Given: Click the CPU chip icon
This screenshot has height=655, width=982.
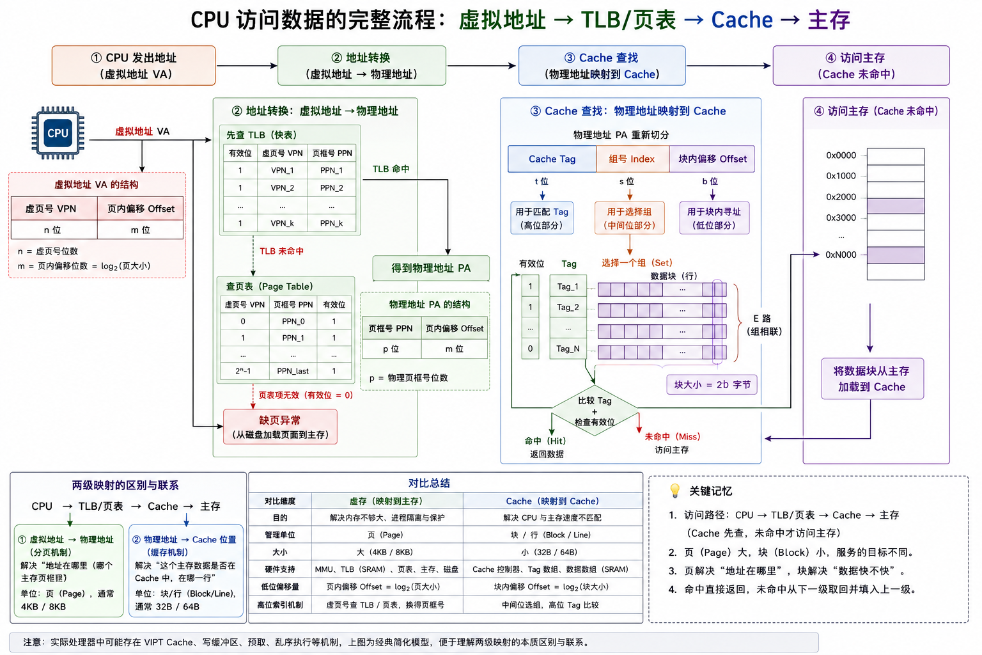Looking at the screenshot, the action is pyautogui.click(x=58, y=132).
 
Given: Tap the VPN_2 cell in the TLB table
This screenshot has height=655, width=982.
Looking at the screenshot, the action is pyautogui.click(x=283, y=188).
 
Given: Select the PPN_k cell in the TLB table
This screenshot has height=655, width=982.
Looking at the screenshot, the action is pyautogui.click(x=331, y=223).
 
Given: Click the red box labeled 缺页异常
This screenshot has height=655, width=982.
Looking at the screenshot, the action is pyautogui.click(x=280, y=427).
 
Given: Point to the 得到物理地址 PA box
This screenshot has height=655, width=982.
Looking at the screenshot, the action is pyautogui.click(x=431, y=268).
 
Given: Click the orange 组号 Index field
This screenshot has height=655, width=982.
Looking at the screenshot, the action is pyautogui.click(x=632, y=159).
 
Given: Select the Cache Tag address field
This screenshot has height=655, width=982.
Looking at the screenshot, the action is pyautogui.click(x=552, y=159).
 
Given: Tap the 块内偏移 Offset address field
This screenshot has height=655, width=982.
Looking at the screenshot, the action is pyautogui.click(x=712, y=159).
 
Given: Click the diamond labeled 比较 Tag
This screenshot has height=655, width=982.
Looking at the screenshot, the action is pyautogui.click(x=595, y=411).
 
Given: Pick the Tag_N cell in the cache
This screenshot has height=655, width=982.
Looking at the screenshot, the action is pyautogui.click(x=568, y=349).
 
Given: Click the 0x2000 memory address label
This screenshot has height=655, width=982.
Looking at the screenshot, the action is pyautogui.click(x=841, y=197).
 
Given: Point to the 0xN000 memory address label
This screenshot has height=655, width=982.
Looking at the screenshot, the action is pyautogui.click(x=841, y=255).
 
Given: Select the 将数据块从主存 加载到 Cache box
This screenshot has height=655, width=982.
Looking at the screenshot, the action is pyautogui.click(x=872, y=379).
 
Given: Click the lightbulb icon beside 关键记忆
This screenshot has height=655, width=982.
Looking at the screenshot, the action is pyautogui.click(x=675, y=491).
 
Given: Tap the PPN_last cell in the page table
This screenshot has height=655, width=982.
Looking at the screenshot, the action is pyautogui.click(x=293, y=371).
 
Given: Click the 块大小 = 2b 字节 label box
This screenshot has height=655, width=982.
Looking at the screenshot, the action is pyautogui.click(x=712, y=385).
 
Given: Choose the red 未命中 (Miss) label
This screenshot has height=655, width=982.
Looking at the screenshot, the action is pyautogui.click(x=673, y=436).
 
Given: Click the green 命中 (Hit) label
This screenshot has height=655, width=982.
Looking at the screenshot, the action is pyautogui.click(x=545, y=441).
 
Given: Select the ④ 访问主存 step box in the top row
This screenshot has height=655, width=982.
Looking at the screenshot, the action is pyautogui.click(x=861, y=66).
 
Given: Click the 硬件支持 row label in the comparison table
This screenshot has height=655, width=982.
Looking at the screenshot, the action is pyautogui.click(x=279, y=569).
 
